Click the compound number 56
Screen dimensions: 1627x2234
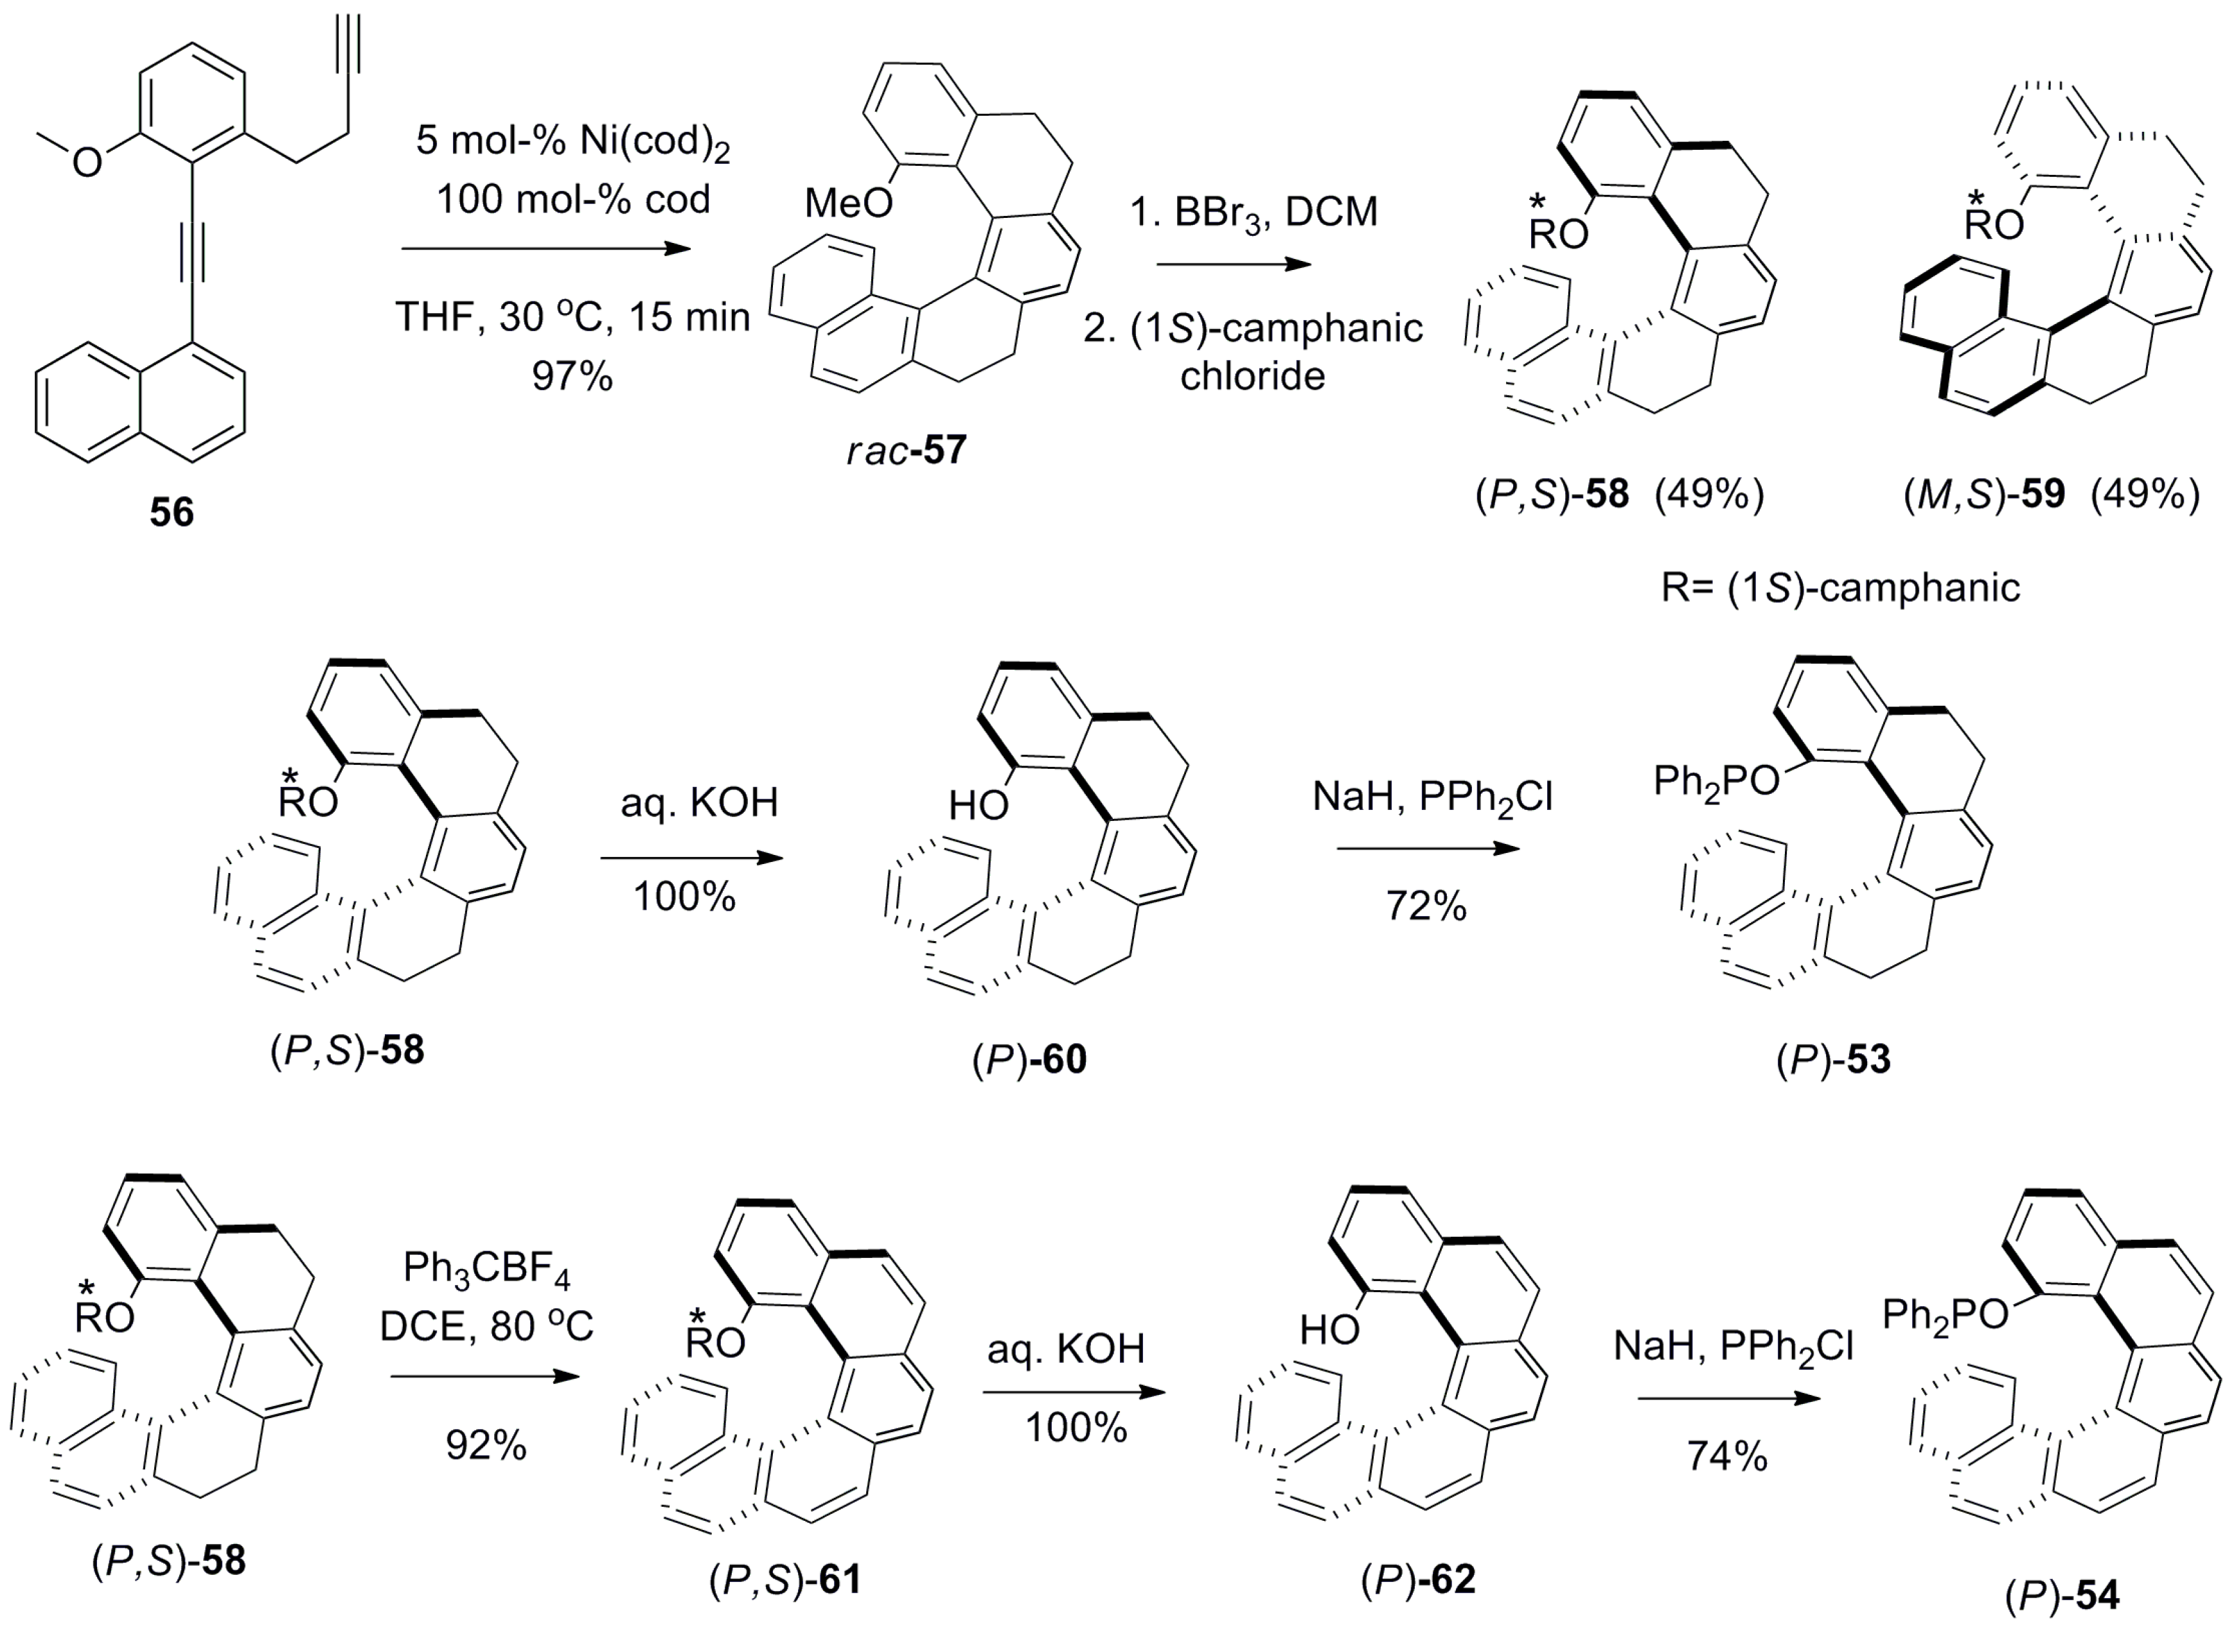172,512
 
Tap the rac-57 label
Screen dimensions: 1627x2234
906,451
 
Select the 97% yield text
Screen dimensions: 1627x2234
572,375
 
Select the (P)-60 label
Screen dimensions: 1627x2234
1029,1059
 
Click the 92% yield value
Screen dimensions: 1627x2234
486,1444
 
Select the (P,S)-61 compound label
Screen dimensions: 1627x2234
785,1581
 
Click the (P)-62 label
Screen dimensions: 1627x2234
1419,1579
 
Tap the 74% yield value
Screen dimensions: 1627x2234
1726,1455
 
